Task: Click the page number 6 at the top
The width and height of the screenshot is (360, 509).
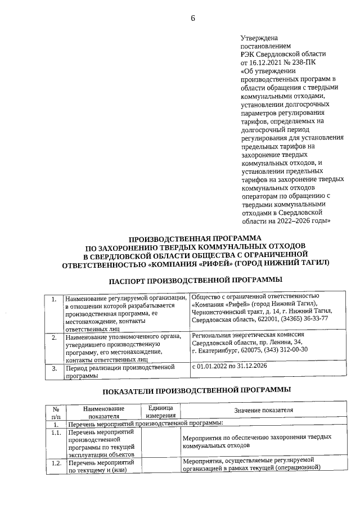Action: (x=193, y=17)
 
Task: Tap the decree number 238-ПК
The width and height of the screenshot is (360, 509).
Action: (x=301, y=62)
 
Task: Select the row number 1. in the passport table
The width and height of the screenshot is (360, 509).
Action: (x=54, y=299)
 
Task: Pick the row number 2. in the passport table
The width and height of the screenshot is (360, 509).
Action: (x=54, y=338)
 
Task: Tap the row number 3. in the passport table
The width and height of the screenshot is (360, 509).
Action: (x=54, y=369)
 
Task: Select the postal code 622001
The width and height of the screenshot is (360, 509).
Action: (x=262, y=319)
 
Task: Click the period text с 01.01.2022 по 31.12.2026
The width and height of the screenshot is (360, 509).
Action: (x=230, y=366)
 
